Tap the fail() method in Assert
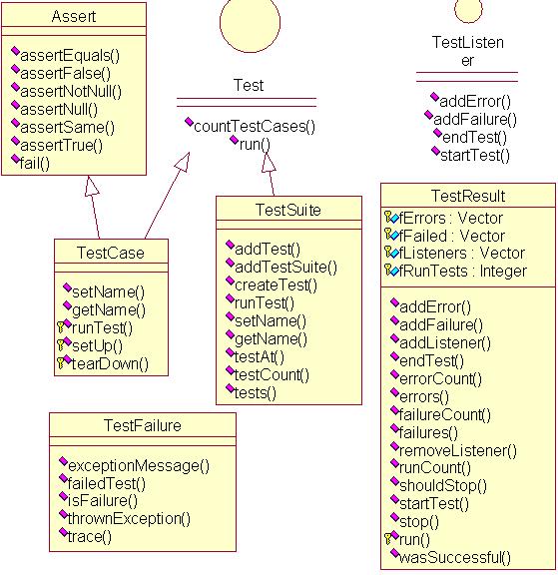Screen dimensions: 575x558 pyautogui.click(x=35, y=163)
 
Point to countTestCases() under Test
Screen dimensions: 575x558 pyautogui.click(x=254, y=126)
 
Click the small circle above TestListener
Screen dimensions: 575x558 pyautogui.click(x=467, y=10)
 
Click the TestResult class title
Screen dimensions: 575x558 pyautogui.click(x=468, y=196)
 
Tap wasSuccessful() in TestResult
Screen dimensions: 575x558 pyautogui.click(x=456, y=557)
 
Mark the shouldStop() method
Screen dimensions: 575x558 pyautogui.click(x=443, y=486)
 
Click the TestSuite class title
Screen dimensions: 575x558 pyautogui.click(x=288, y=209)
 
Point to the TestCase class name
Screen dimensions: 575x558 pyautogui.click(x=111, y=253)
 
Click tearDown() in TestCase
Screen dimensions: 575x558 pyautogui.click(x=109, y=363)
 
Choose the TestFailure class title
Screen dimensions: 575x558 pyautogui.click(x=142, y=425)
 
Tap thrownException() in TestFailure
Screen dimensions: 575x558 pyautogui.click(x=130, y=518)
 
